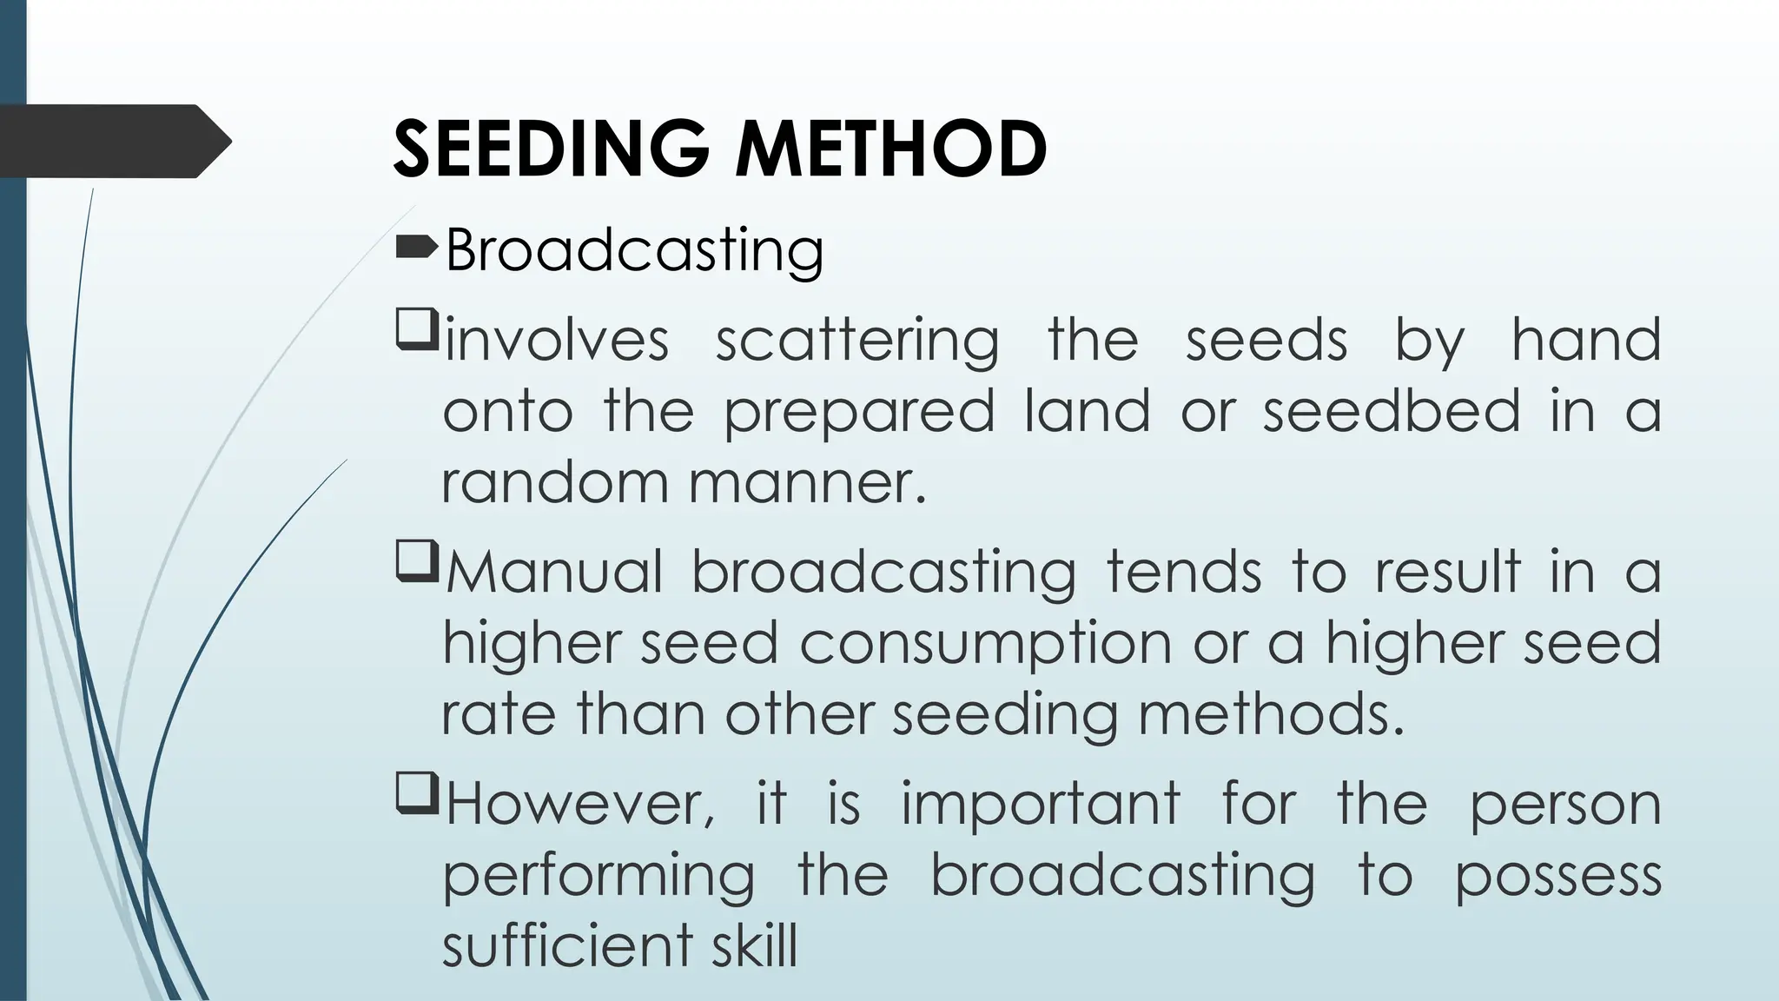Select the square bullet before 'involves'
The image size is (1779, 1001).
pos(416,332)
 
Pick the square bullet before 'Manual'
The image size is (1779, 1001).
pos(416,563)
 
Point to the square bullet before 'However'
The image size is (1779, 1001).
pos(416,795)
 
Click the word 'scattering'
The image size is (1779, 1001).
pos(856,340)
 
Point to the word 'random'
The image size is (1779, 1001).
pos(557,482)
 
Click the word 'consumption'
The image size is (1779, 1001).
pos(987,646)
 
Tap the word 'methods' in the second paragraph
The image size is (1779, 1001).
pos(1270,715)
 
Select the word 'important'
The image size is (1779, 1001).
pos(1041,804)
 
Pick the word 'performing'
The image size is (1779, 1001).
pos(599,877)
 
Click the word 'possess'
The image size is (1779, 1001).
pos(1558,877)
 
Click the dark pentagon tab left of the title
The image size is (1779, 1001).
pos(113,142)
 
